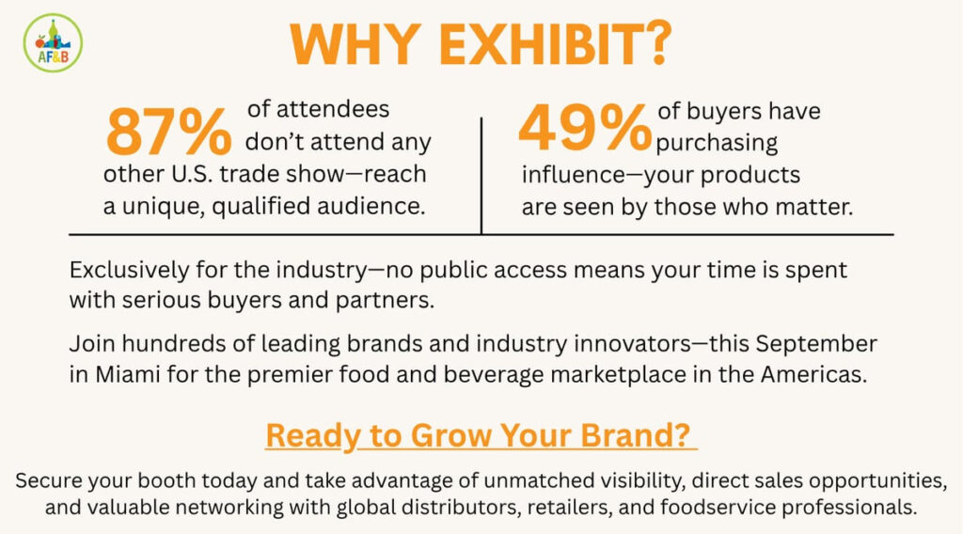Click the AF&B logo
[53, 43]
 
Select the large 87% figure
[169, 132]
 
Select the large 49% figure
[585, 127]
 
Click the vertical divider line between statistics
[481, 176]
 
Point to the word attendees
[333, 109]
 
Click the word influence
[574, 174]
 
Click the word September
[816, 344]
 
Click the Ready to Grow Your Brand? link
[481, 435]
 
